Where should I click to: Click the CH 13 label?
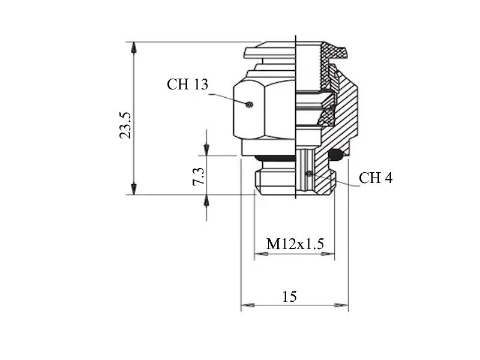click(187, 84)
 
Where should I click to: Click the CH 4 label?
click(376, 178)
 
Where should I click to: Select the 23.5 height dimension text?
click(125, 125)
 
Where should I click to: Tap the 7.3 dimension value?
click(199, 176)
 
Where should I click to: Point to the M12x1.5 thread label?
click(295, 244)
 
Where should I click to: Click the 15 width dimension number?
click(289, 296)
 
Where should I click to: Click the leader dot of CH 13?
click(250, 104)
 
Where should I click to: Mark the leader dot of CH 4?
click(310, 173)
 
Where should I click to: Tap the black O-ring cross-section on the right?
click(336, 155)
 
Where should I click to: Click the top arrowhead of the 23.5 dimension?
click(134, 47)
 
